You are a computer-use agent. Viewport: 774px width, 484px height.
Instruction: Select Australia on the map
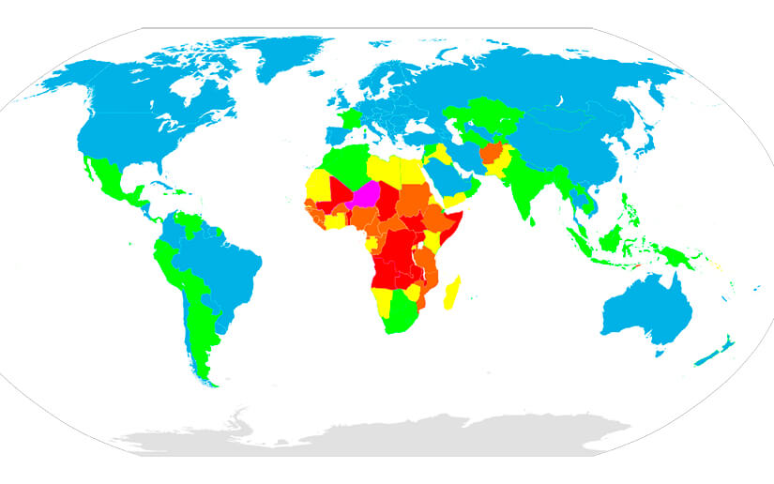(x=647, y=305)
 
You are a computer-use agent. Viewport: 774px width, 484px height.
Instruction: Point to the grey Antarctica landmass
(x=375, y=436)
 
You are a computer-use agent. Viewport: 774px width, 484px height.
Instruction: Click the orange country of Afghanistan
(x=490, y=153)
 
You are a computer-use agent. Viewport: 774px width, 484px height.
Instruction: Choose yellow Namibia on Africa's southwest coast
(x=384, y=299)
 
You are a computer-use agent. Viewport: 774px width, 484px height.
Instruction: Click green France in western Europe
(x=352, y=118)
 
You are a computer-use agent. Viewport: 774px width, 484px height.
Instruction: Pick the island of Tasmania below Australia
(x=663, y=354)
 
